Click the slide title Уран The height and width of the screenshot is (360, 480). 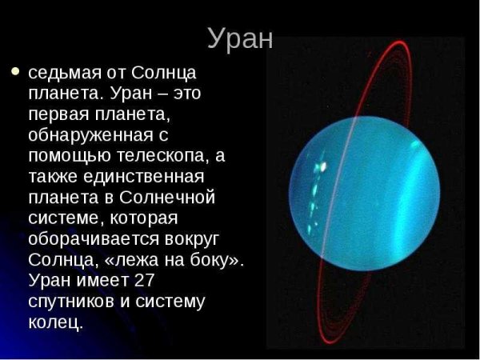tap(240, 38)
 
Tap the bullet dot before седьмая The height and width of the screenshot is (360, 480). tap(14, 71)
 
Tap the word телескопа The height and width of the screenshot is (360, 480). tap(161, 156)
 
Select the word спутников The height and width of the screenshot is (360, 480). tap(70, 302)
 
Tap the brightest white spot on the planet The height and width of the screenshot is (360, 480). tap(322, 166)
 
